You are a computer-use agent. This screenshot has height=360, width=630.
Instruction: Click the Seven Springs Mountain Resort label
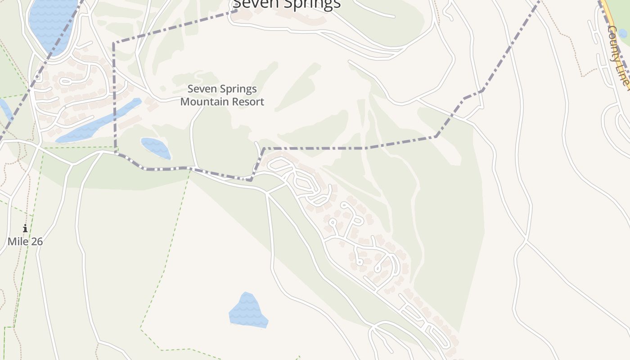222,95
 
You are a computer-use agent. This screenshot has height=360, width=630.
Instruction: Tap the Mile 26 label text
25,242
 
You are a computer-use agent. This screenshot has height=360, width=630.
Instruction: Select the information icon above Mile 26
25,229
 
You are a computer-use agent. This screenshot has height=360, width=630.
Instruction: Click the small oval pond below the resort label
156,148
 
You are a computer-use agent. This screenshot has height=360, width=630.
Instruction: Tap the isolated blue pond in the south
248,311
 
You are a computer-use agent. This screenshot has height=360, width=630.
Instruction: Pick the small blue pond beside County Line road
623,34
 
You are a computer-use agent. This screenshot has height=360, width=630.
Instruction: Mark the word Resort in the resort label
247,102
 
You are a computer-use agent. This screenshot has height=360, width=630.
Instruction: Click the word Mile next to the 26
18,242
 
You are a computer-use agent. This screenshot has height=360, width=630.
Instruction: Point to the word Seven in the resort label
201,89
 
